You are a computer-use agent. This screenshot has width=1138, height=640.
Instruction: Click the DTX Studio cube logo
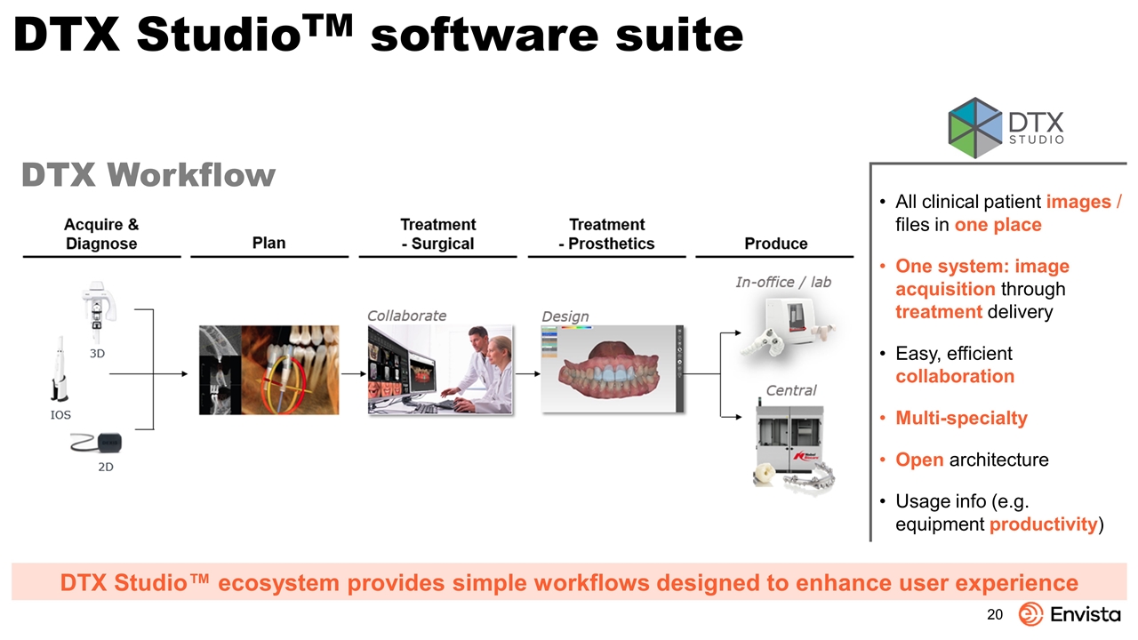coord(975,127)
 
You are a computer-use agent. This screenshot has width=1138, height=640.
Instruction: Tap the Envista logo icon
coord(1030,614)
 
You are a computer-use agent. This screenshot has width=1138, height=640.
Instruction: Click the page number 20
coord(995,614)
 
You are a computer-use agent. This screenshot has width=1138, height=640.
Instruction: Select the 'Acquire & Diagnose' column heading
coord(101,234)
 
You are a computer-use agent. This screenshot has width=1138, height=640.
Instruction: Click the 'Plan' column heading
coord(268,243)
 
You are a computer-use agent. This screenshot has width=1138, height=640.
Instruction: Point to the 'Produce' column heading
coord(776,244)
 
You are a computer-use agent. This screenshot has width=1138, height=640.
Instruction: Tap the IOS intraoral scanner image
coord(60,369)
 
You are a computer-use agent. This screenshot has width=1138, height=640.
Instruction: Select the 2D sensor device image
coord(97,443)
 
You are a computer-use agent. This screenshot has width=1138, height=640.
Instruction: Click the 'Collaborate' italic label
coord(406,316)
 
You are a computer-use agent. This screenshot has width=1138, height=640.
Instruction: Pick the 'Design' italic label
coord(565,316)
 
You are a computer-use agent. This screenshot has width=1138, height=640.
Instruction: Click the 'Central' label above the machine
coord(791,390)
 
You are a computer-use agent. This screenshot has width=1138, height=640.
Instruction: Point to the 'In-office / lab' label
coord(783,282)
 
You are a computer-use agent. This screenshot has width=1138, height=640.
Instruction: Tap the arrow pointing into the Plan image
coord(148,374)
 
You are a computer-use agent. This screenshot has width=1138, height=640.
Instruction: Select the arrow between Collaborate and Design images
coord(527,374)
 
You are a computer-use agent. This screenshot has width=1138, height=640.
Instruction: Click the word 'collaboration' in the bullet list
coord(955,376)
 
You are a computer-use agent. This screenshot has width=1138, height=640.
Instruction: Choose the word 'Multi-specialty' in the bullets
coord(961,418)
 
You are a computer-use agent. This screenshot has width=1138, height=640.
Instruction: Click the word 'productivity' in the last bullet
coord(1044,524)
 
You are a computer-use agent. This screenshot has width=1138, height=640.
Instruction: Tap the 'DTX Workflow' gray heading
coord(148,175)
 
